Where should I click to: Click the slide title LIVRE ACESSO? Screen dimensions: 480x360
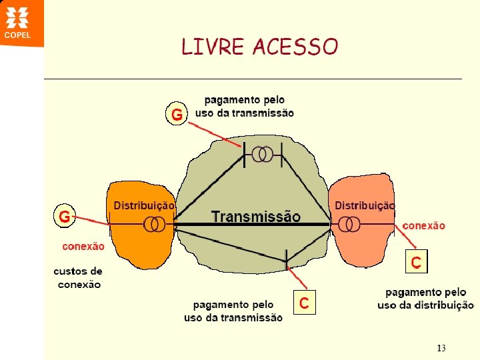[x=260, y=47]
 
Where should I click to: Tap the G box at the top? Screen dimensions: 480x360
[x=177, y=115]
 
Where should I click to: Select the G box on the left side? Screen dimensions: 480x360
[x=64, y=216]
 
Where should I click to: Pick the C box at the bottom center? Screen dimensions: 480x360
[x=303, y=303]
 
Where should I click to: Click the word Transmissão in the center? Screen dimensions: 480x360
[x=256, y=216]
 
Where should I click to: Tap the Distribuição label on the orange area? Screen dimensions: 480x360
[x=144, y=206]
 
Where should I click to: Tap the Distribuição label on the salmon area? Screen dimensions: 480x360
[x=364, y=206]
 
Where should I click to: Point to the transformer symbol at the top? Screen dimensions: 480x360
[x=263, y=155]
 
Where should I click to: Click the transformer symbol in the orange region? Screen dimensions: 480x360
[x=155, y=225]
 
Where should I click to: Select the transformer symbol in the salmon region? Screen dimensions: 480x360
[x=348, y=225]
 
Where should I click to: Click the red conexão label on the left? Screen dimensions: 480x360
[x=83, y=246]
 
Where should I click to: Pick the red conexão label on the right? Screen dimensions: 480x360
[x=423, y=226]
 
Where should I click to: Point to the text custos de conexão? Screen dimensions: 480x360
[x=78, y=278]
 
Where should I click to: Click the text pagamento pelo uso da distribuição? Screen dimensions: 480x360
[x=425, y=299]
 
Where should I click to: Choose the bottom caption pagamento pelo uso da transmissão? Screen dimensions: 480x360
[x=233, y=311]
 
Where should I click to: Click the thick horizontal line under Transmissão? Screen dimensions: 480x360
[x=253, y=225]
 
